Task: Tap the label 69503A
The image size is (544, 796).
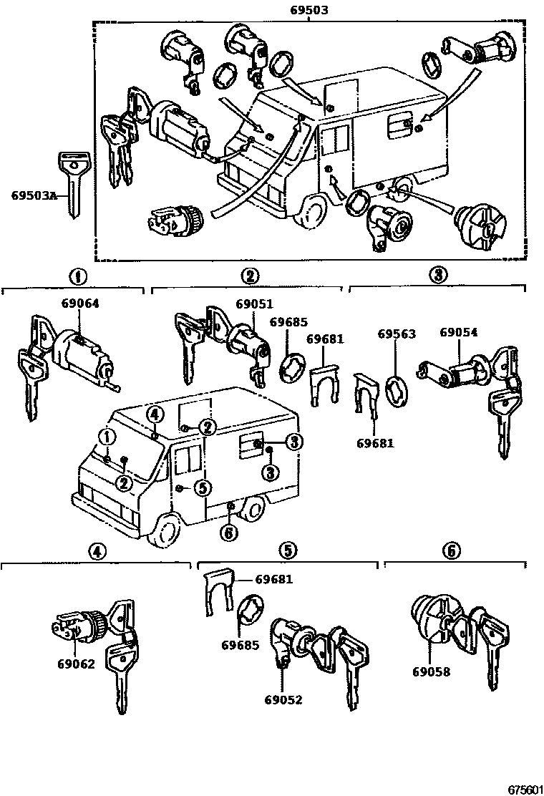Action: click(32, 195)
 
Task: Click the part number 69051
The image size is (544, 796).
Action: click(254, 304)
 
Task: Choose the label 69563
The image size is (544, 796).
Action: click(397, 334)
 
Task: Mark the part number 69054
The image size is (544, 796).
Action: click(459, 333)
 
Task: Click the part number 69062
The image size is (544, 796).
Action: click(76, 664)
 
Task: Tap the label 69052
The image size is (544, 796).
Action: click(283, 699)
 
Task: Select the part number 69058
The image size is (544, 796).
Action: click(431, 672)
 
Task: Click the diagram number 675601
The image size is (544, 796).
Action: click(525, 789)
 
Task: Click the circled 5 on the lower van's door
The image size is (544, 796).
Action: click(203, 487)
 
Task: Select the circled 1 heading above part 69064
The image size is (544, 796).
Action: click(77, 276)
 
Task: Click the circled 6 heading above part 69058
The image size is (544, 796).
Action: click(452, 550)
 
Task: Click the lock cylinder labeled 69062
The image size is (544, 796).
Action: click(78, 626)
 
